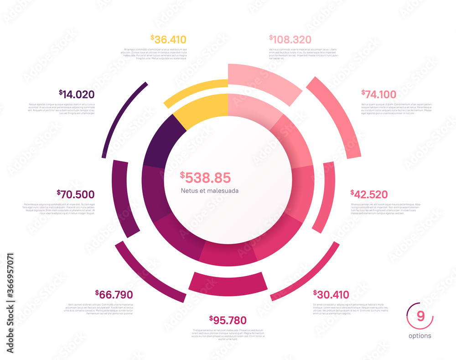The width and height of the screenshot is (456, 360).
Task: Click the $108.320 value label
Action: [x=290, y=40]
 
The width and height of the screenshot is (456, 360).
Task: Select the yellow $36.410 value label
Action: [x=168, y=40]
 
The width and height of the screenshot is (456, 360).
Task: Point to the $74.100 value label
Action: [x=379, y=94]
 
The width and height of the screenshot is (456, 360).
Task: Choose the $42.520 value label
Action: [x=369, y=194]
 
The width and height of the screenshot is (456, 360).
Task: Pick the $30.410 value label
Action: [x=331, y=294]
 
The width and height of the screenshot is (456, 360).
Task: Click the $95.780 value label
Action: [x=228, y=320]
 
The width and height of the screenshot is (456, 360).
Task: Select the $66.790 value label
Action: [x=114, y=294]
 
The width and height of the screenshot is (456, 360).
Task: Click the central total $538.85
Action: [x=205, y=177]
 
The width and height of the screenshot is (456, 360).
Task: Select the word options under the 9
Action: [x=420, y=336]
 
